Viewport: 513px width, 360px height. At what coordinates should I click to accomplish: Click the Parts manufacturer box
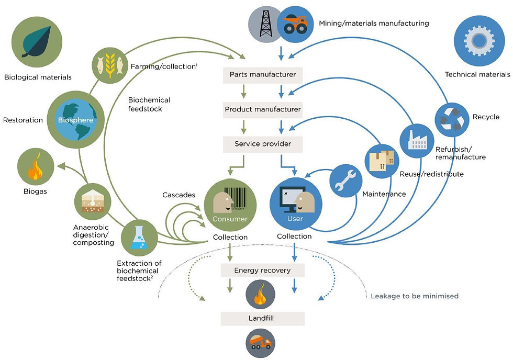click(263, 75)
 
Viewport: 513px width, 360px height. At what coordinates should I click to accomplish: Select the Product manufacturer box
click(263, 109)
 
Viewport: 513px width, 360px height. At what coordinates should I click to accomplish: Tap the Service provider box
click(263, 144)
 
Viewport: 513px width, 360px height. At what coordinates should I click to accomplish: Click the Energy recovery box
click(263, 271)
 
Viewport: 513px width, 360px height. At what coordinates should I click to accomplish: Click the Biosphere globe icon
click(76, 120)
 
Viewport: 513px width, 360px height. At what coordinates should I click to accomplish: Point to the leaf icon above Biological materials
click(37, 42)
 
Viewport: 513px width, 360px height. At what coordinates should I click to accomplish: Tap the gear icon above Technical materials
click(479, 41)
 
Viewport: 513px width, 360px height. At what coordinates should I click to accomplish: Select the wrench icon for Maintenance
click(346, 181)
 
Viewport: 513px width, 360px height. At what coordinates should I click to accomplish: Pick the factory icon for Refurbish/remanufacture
click(417, 141)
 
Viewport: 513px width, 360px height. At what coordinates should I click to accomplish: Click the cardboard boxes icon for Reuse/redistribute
click(382, 161)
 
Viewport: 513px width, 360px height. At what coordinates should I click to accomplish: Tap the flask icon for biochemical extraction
click(139, 238)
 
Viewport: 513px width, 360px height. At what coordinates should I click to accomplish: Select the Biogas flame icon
click(36, 166)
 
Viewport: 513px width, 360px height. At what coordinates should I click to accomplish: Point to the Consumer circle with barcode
click(230, 205)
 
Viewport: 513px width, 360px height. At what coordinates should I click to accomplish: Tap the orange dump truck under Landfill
click(261, 343)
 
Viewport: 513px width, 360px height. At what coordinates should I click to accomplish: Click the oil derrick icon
click(266, 24)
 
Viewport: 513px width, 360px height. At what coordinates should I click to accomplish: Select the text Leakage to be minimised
click(415, 296)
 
